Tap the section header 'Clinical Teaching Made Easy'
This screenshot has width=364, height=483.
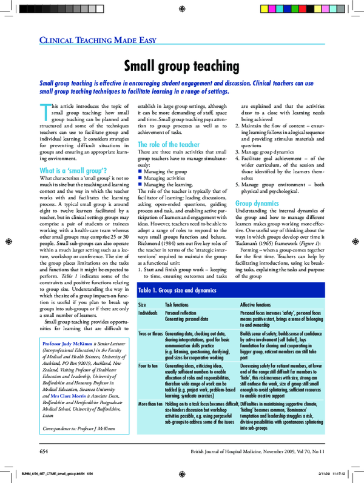[98, 41]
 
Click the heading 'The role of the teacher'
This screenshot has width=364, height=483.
[167, 144]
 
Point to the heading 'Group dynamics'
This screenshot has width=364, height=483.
[257, 203]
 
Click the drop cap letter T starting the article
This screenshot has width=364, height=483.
[44, 112]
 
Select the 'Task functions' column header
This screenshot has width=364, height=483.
[178, 304]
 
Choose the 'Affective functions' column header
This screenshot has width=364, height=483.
[255, 304]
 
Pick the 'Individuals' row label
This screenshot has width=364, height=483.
[148, 312]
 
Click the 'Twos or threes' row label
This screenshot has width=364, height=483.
[150, 334]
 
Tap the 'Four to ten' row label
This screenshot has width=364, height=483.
[148, 367]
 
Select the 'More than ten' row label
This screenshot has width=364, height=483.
[150, 403]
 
